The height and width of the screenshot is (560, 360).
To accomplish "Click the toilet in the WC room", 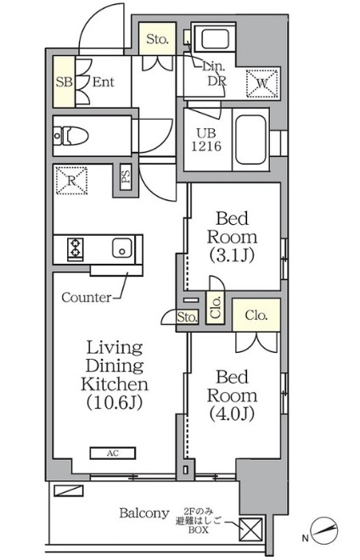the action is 71,136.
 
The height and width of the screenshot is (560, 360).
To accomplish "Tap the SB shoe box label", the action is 64,82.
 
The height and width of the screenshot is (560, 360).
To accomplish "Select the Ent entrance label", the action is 104,82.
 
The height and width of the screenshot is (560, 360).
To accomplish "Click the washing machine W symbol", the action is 262,83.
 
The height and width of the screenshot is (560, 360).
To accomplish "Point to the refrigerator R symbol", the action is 72,181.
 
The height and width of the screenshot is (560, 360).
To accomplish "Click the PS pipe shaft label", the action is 126,176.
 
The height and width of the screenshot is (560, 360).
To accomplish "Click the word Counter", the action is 86,297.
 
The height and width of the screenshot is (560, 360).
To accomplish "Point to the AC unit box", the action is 113,453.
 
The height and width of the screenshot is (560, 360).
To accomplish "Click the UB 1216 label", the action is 206,140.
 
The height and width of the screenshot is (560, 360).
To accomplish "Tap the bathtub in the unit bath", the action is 250,140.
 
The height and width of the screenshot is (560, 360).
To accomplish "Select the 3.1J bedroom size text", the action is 232,255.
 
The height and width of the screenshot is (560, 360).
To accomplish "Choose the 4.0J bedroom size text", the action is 232,414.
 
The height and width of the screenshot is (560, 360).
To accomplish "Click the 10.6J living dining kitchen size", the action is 115,402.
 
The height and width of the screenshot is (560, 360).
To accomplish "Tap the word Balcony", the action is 144,513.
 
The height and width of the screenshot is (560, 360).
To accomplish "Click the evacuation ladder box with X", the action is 250,529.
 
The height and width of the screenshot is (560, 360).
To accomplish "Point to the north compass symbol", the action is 323,530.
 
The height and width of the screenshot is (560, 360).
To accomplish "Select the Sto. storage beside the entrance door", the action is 157,39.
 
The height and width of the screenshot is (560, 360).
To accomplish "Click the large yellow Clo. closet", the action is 256,315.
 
